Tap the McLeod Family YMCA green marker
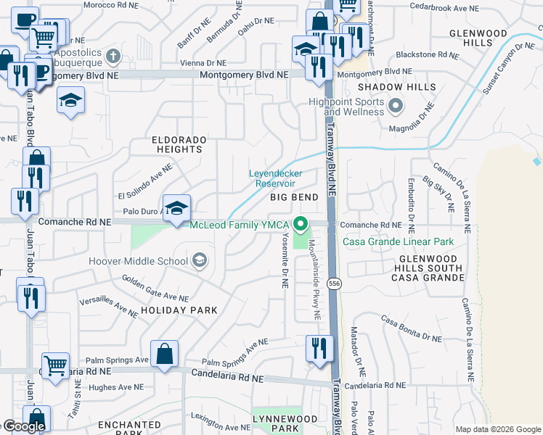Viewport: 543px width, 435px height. (x=306, y=223)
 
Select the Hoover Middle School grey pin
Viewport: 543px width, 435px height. (x=199, y=260)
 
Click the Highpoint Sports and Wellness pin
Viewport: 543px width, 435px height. (x=395, y=107)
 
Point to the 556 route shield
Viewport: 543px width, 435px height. (x=334, y=282)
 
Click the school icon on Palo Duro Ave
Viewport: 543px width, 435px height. (x=176, y=209)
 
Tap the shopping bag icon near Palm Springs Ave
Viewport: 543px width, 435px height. (x=165, y=355)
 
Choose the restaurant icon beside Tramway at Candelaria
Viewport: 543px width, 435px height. (x=319, y=349)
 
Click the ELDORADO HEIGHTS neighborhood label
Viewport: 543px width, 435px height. (x=179, y=144)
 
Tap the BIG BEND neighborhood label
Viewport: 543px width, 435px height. (x=294, y=197)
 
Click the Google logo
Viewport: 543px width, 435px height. (x=23, y=426)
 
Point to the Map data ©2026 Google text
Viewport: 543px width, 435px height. (x=498, y=429)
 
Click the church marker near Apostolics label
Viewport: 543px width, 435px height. (x=113, y=56)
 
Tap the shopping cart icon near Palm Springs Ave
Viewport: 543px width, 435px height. (x=56, y=367)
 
